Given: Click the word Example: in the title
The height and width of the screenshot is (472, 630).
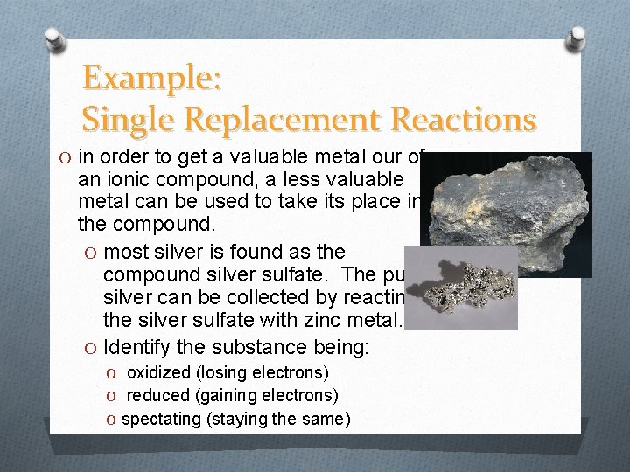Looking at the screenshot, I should pos(154,79).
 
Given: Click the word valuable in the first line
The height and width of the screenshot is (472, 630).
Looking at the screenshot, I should pos(262,158).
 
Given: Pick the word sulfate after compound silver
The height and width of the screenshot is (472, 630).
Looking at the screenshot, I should pos(317,275).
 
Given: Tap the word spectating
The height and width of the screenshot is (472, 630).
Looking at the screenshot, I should pos(161,419).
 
